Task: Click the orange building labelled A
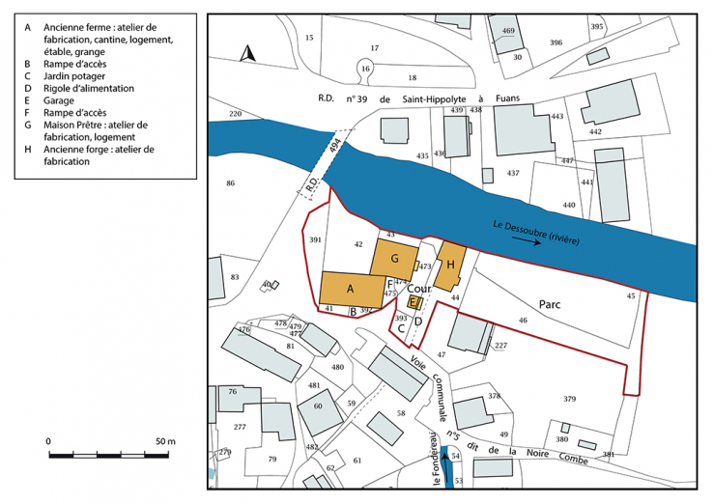coord(351,288)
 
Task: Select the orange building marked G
coord(393,259)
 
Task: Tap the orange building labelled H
coord(449,264)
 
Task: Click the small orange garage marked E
coord(414,302)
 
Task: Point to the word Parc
coord(551,302)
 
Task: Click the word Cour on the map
coord(417,288)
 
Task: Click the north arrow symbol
coord(246,54)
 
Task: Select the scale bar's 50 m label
coord(161,441)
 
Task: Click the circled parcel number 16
coord(365,69)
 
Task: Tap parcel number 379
coord(570,399)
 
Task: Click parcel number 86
coord(230,183)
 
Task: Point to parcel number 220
coord(235,114)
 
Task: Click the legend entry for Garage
coord(59,99)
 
